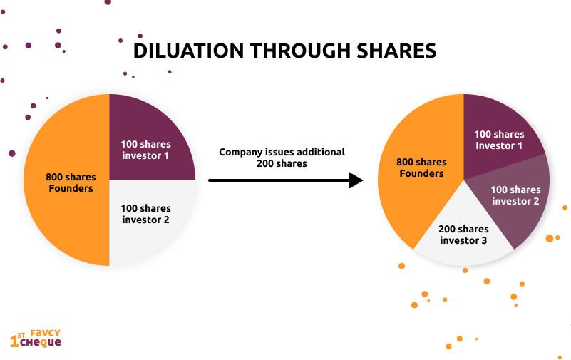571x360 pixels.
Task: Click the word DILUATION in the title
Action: coord(188,51)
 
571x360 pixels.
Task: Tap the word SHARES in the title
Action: coord(396,51)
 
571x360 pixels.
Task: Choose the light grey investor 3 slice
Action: coord(463,237)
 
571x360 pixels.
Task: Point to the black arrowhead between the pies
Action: coord(356,180)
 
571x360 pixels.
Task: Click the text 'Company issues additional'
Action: coord(282,152)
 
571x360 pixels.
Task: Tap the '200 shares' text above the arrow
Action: coord(282,164)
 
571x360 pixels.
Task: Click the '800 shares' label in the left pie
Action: coord(71,178)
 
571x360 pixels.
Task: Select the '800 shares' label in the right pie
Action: coord(421,162)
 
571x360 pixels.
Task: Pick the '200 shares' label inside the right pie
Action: coord(463,229)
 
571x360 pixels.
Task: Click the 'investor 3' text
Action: coord(463,241)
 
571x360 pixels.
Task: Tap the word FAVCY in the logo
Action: coord(45,334)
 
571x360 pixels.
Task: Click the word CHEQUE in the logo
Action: coord(41,342)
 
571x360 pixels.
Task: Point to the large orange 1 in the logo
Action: coord(14,341)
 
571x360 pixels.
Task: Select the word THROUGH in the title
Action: coord(299,51)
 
